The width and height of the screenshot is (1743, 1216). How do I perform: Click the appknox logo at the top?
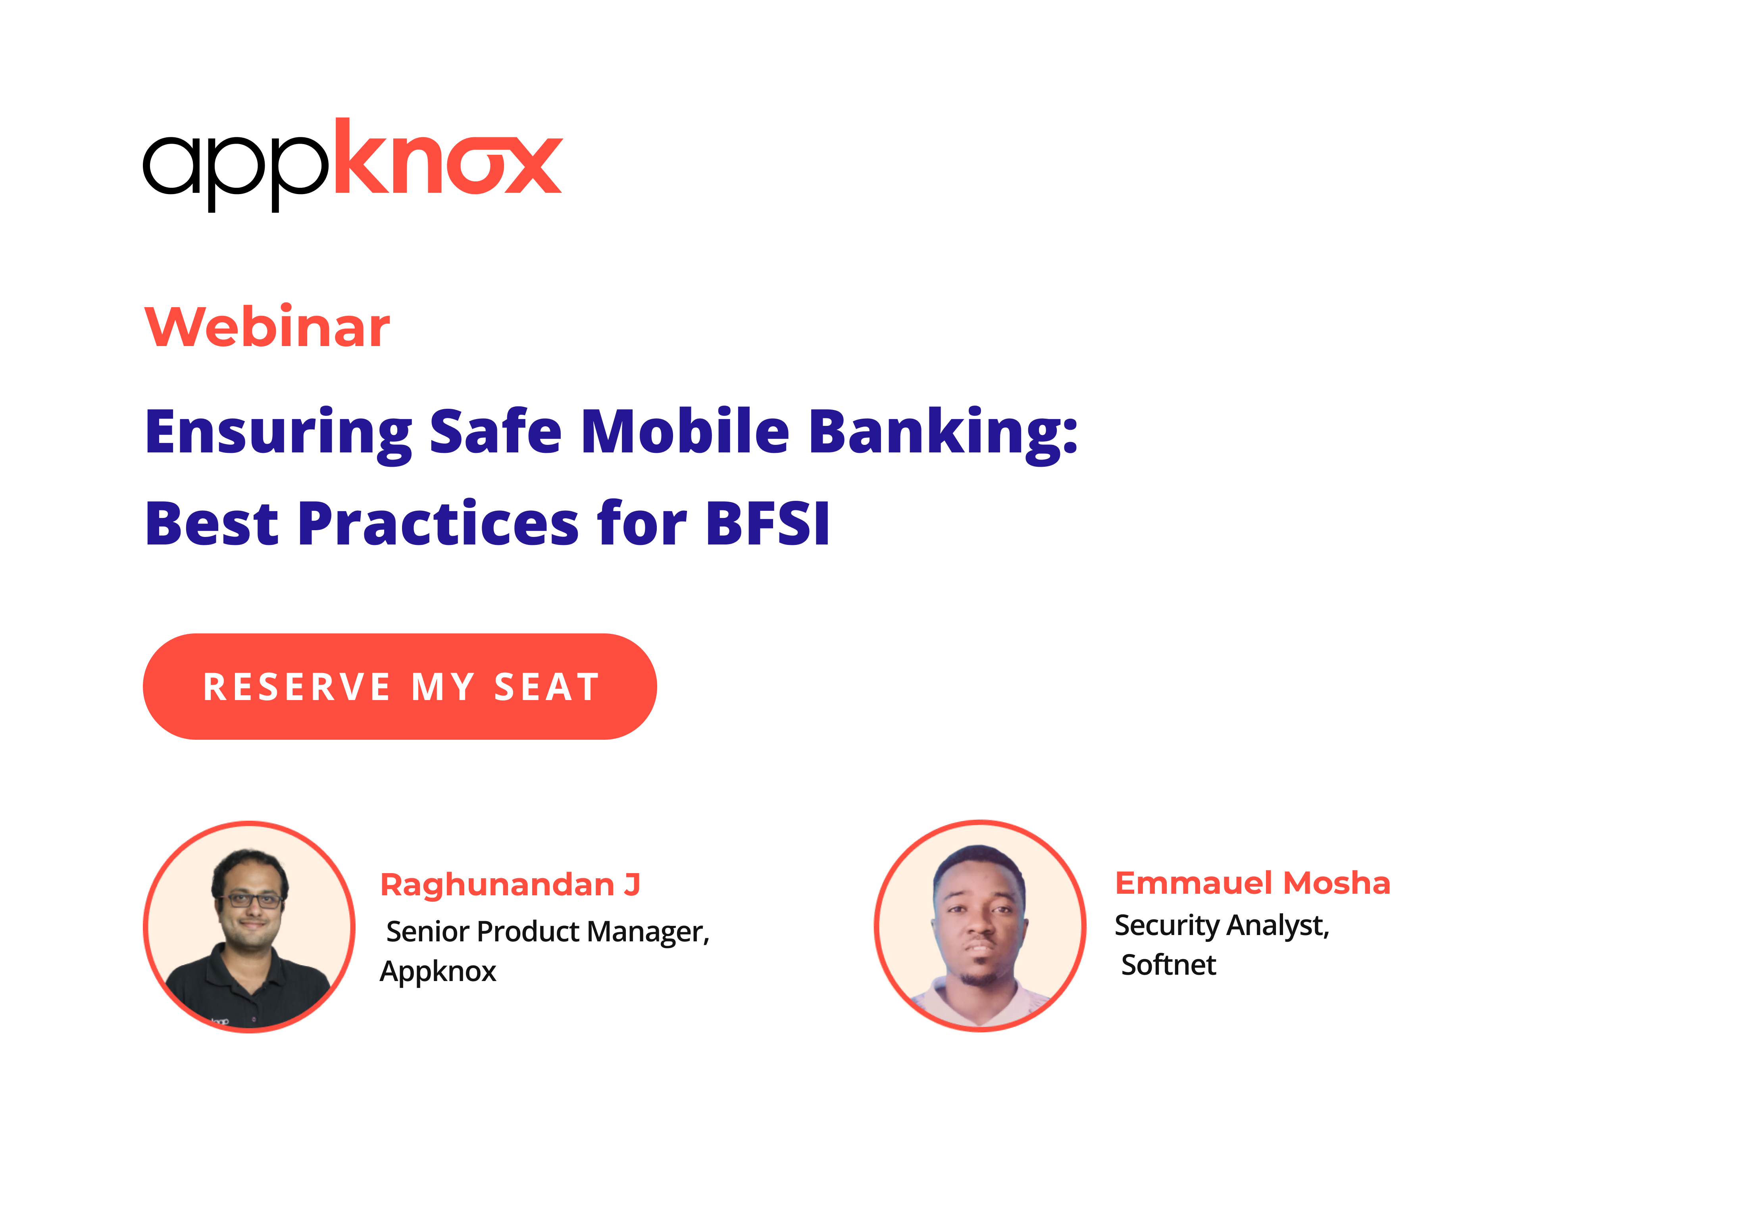point(353,165)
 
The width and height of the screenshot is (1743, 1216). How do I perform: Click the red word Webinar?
point(267,327)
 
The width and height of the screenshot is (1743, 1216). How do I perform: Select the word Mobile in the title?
point(685,431)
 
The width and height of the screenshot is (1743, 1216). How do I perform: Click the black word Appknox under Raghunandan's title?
point(438,972)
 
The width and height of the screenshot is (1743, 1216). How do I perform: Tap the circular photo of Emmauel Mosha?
point(980,926)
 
